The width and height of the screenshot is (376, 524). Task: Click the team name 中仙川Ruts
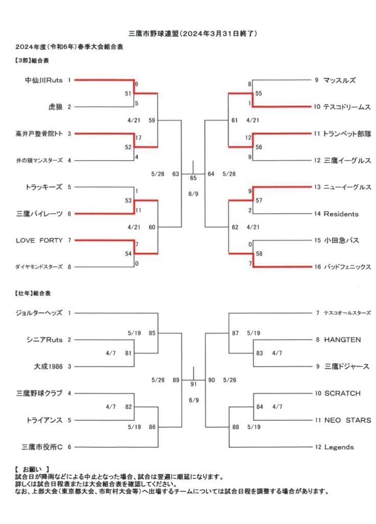[x=44, y=80]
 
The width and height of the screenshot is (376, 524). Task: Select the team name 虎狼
[x=55, y=107]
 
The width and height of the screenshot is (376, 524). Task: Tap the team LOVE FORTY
[x=39, y=241]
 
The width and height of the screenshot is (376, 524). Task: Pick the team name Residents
[x=341, y=214]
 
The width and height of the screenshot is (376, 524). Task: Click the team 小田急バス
[x=341, y=241]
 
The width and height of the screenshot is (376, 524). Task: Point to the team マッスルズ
[x=339, y=80]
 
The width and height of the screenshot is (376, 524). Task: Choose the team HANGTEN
[x=342, y=340]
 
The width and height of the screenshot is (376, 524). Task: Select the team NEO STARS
[x=347, y=420]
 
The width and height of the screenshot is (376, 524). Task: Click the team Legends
[x=339, y=447]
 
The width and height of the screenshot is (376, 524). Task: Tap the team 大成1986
[x=48, y=366]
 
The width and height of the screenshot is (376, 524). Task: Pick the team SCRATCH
[x=342, y=394]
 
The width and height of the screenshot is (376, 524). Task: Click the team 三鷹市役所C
[x=42, y=447]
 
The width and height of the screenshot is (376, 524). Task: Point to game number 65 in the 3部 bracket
[x=193, y=178]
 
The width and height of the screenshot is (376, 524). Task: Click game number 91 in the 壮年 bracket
[x=194, y=384]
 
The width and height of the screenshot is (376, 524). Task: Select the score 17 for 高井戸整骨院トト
[x=138, y=138]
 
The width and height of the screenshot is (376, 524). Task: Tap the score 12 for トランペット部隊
[x=248, y=138]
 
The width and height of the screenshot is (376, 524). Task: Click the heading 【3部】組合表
[x=32, y=60]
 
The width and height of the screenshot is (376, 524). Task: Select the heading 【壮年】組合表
[x=32, y=293]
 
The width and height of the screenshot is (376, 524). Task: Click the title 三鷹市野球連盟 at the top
[x=154, y=33]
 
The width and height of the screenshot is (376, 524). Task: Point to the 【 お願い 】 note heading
[x=32, y=470]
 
